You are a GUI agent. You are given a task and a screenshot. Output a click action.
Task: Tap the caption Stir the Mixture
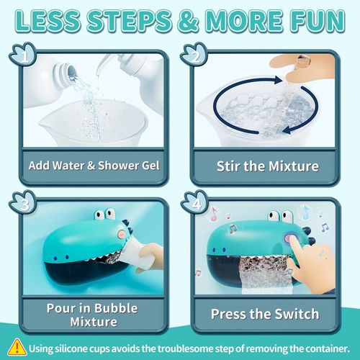point(267,166)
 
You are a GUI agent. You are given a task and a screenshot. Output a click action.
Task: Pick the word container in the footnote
point(320,348)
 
